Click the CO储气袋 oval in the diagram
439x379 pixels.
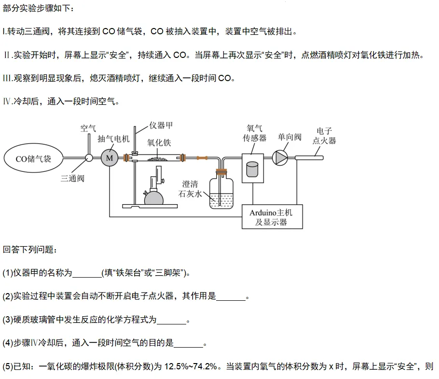point(33,158)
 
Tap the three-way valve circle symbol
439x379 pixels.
point(89,158)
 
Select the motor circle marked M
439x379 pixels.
point(109,158)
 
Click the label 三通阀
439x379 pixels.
point(72,178)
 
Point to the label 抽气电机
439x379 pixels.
point(113,139)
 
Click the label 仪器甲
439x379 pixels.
point(161,126)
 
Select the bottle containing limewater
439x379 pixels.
point(221,193)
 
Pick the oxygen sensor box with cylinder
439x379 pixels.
point(252,168)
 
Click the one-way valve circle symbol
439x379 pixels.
point(280,157)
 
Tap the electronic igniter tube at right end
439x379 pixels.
point(309,157)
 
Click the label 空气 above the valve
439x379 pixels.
point(88,128)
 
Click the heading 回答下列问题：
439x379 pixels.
point(30,250)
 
